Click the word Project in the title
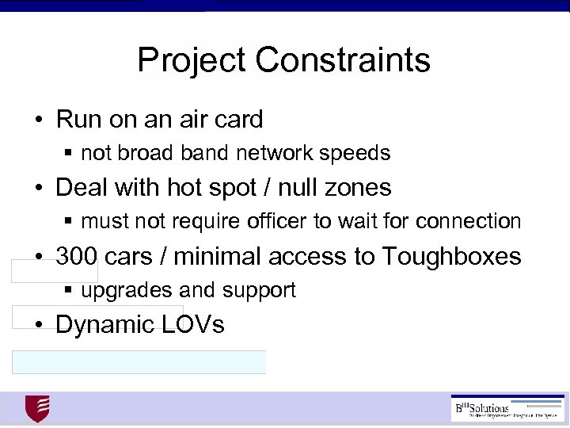coord(192,59)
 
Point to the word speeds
coord(360,152)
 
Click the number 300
coord(76,256)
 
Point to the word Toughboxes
coord(451,256)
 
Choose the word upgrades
coord(120,291)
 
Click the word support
coord(260,291)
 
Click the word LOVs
coord(196,325)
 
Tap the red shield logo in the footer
coord(37,409)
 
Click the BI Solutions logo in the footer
coord(507,407)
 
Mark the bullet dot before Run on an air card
coord(38,120)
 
